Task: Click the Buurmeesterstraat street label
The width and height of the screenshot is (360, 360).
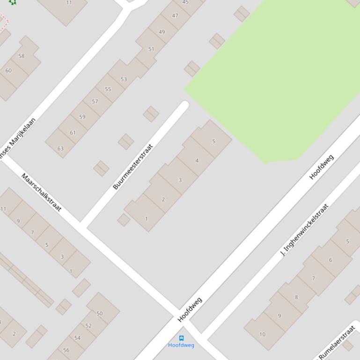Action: (133, 167)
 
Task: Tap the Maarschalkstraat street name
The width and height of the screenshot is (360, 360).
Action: (41, 192)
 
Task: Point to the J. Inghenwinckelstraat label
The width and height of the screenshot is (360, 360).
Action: (304, 230)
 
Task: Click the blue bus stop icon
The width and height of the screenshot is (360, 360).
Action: (181, 338)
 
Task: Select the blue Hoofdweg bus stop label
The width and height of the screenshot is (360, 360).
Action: (181, 346)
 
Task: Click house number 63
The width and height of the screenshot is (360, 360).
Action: (60, 149)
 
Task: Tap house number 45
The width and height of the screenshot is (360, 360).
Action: (185, 2)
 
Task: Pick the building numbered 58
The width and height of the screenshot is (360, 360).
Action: (22, 56)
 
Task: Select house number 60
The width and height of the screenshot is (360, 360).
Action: (8, 71)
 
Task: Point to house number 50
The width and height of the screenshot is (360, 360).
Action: (100, 314)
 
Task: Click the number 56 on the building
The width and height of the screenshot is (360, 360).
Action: (66, 350)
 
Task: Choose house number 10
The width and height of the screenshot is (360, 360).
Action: (262, 334)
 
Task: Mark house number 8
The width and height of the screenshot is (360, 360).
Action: (296, 297)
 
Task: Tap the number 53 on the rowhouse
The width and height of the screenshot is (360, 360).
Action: (124, 79)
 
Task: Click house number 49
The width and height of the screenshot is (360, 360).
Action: (162, 32)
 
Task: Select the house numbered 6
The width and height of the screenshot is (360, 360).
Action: (331, 260)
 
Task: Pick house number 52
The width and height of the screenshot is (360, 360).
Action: (88, 326)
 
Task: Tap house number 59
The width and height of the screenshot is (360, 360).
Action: (82, 117)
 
